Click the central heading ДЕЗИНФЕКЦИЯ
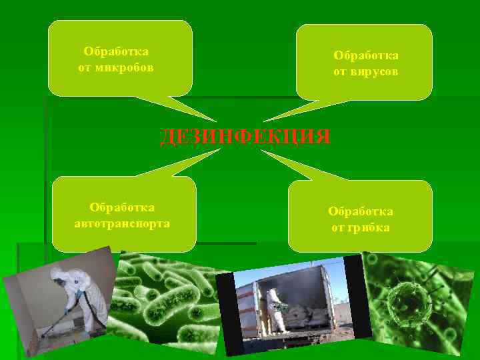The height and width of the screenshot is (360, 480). point(245,137)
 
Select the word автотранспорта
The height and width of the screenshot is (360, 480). point(122,223)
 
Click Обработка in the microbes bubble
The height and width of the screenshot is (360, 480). point(116,51)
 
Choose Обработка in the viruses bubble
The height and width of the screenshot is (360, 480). point(366,55)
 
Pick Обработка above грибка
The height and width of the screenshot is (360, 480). point(360,211)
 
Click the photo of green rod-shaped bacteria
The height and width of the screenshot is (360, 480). point(167,307)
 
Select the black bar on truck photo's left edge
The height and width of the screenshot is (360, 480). point(228,313)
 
